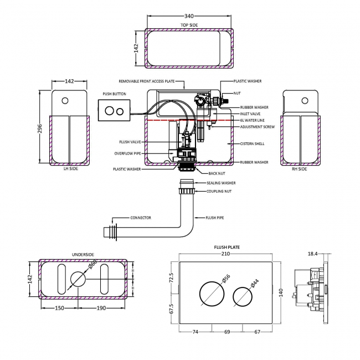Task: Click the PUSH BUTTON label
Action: tap(114, 94)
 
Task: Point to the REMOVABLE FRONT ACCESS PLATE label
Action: tap(147, 81)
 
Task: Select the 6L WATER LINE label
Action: tap(252, 120)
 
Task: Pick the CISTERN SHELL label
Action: tap(251, 144)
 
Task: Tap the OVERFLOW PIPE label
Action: tap(128, 153)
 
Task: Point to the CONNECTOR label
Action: tap(141, 218)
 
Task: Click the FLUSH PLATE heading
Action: tap(227, 247)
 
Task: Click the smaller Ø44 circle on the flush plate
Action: tap(244, 294)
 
